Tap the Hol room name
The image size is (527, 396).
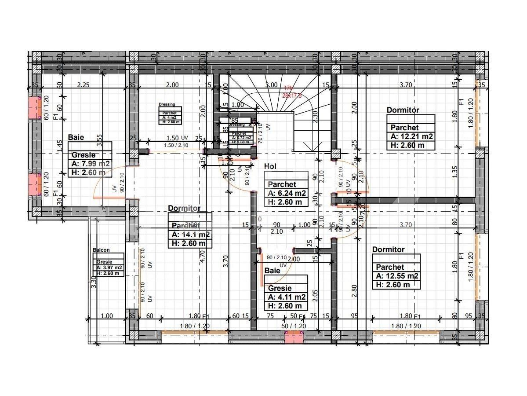click(x=270, y=166)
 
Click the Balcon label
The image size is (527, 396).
click(x=101, y=250)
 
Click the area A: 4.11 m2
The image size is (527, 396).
click(x=287, y=297)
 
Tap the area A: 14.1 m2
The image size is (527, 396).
click(x=190, y=235)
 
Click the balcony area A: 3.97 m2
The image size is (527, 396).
click(x=109, y=268)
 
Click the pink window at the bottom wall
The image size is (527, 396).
click(x=294, y=337)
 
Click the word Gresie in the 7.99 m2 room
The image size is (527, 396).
click(x=84, y=155)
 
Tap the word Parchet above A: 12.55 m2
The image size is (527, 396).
click(x=390, y=267)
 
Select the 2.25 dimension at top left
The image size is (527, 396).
click(x=84, y=85)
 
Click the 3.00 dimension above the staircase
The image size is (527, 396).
click(x=272, y=85)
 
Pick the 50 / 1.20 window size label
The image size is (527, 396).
click(x=294, y=326)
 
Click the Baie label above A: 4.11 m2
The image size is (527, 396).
click(x=272, y=271)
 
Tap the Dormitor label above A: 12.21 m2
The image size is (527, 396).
click(x=403, y=110)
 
